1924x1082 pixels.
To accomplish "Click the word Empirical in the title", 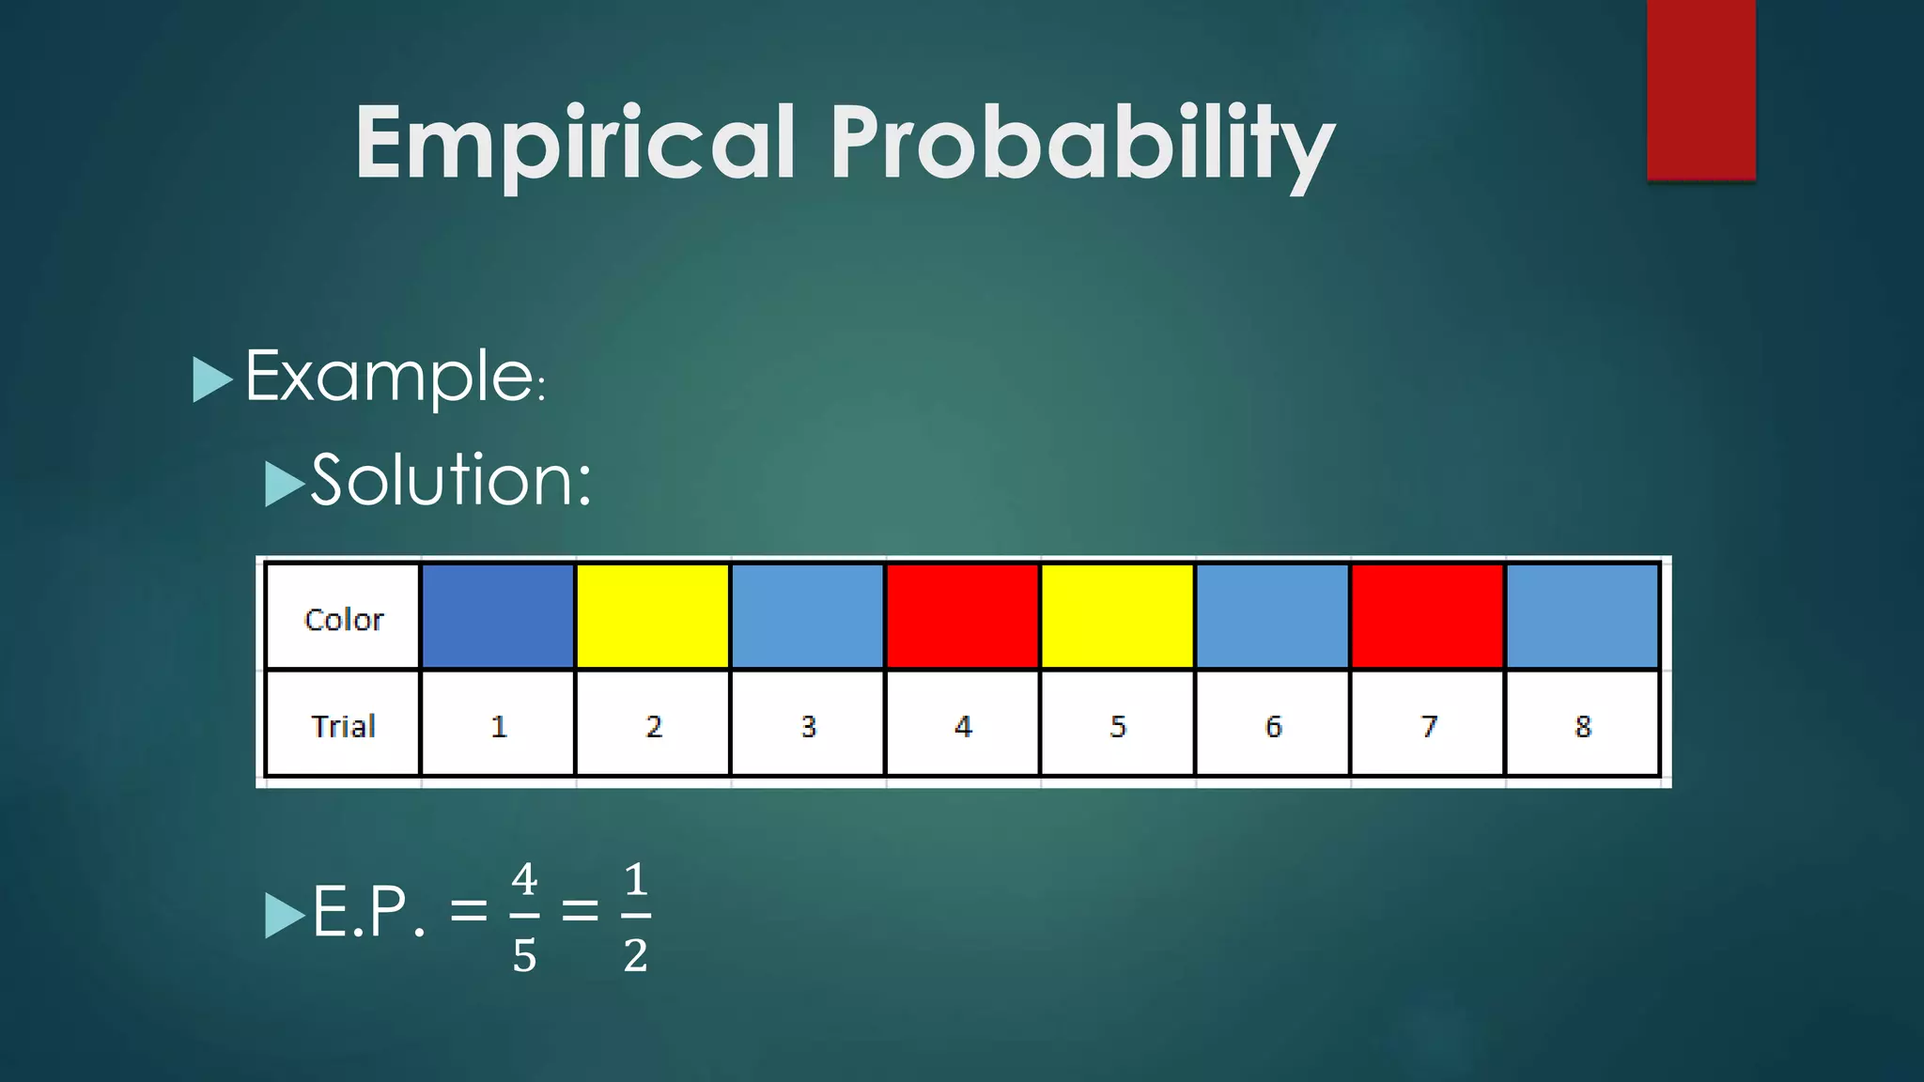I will [575, 143].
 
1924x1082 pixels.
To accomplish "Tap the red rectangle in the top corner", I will [1700, 89].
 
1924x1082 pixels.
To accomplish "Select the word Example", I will [390, 378].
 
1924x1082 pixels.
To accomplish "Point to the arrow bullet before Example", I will [211, 379].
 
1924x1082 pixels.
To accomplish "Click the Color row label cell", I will [343, 617].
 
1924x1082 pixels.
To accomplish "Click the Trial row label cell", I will [343, 724].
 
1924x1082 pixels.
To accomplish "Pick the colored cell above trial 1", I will [498, 616].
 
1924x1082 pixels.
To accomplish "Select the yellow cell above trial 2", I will [653, 616].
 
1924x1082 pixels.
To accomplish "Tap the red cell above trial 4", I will [963, 616].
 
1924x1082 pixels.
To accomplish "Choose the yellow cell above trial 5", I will [1118, 616].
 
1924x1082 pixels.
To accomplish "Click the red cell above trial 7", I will [1428, 616].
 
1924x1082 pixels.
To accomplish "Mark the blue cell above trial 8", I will [1583, 616].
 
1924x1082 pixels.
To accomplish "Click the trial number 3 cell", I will [808, 724].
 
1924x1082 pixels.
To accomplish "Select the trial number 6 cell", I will [1273, 724].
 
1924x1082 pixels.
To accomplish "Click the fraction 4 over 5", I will [524, 917].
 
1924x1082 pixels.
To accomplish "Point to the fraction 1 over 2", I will [636, 917].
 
